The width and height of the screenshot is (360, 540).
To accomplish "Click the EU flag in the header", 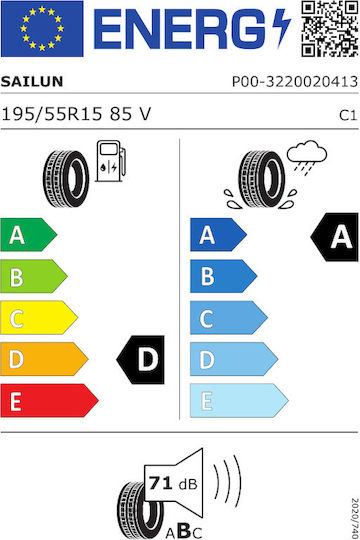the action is pos(42,29).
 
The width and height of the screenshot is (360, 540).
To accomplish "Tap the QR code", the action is pos(330,29).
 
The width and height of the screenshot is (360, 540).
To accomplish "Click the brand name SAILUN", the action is pos(32,82).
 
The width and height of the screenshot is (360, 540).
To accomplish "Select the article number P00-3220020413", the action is pos(295,82).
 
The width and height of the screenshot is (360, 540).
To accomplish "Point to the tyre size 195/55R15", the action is pos(52,114).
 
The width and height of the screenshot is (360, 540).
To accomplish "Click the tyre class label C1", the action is pos(348,115).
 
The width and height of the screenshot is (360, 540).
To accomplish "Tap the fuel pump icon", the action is pos(111,161).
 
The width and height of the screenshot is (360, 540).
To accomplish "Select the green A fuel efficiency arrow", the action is pos(29,235).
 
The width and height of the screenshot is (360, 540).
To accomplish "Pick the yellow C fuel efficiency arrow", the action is pos(39,318).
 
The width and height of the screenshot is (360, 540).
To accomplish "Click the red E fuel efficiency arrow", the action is pos(49,401).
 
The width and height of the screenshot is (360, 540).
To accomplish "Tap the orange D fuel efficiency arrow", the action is pos(44,359).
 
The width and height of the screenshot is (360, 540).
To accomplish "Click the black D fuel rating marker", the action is pos(141,360).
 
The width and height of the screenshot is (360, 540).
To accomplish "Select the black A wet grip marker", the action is pos(335,237).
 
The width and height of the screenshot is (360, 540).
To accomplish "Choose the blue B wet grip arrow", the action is pos(223,276).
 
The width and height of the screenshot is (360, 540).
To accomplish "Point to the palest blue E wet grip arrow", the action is pos(239,401).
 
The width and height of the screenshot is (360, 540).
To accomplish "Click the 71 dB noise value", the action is pos(173,484).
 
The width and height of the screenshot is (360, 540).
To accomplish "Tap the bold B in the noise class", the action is pos(184,531).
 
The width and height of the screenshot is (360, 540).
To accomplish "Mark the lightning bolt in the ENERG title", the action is pos(281,28).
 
